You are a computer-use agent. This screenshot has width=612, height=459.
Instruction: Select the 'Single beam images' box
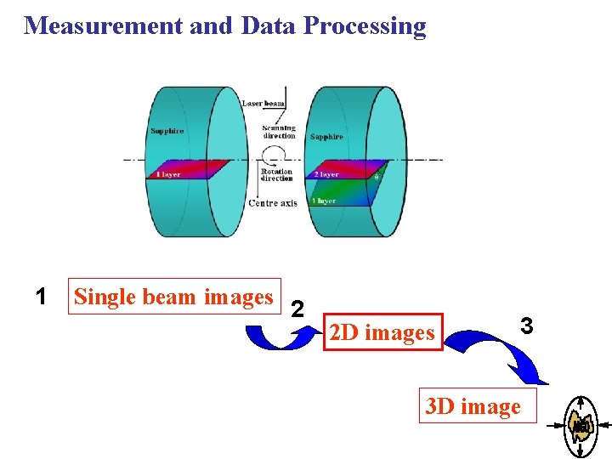(x=173, y=297)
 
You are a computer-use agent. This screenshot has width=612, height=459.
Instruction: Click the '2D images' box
(x=381, y=332)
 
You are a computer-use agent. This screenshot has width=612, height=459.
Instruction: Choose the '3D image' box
(x=473, y=406)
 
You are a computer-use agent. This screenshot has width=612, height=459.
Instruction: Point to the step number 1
(x=41, y=297)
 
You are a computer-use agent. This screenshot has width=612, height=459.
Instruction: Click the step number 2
(x=297, y=308)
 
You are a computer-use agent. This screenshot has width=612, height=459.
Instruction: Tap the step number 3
(x=526, y=325)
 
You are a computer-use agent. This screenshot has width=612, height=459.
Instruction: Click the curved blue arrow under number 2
(x=279, y=337)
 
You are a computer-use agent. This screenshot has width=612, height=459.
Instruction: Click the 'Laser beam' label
(x=263, y=104)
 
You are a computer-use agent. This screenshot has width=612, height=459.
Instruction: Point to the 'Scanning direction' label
(x=279, y=132)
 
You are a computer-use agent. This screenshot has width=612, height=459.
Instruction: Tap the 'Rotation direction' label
(x=276, y=175)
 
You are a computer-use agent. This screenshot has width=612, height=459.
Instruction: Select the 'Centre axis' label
(x=272, y=203)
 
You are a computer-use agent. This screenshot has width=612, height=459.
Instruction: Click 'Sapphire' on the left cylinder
(x=167, y=131)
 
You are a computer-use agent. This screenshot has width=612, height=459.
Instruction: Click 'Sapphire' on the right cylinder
(x=326, y=137)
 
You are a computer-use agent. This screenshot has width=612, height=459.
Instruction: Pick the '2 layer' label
(x=326, y=175)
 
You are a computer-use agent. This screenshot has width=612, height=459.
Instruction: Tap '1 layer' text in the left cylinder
(x=167, y=175)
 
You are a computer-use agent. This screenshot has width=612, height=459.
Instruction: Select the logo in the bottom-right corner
(x=582, y=425)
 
